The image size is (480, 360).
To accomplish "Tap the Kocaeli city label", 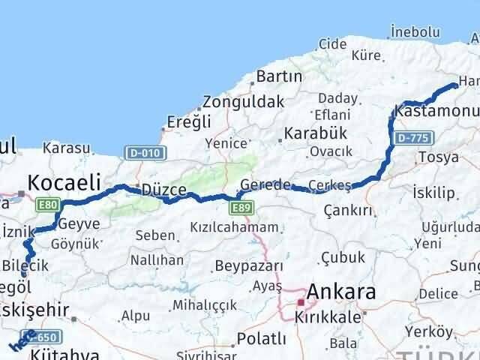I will pos(64,181).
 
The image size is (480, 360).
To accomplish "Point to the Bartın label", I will pos(279,76).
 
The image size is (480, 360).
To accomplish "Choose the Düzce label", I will pos(163,190).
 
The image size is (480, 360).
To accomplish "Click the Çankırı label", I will pos(347,211).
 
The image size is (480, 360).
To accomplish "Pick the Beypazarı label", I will pos(248,265).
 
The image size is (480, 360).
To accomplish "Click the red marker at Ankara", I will pos(300,301).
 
